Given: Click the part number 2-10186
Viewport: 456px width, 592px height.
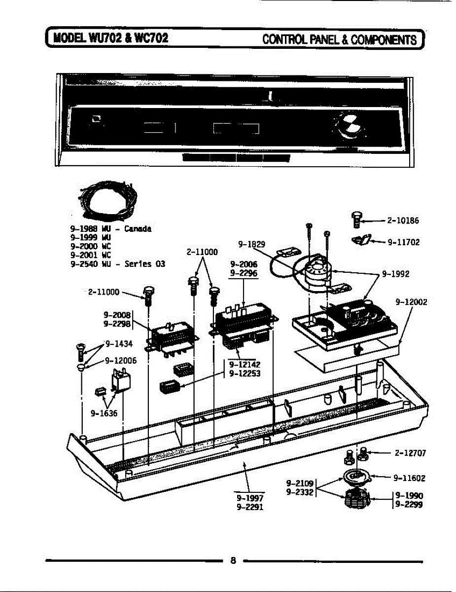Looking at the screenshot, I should pos(403,221).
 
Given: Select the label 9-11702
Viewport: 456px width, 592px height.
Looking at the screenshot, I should pos(403,242).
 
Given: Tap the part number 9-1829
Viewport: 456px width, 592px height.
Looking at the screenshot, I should pos(251,244).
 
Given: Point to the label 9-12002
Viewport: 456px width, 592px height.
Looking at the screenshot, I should pos(411,302).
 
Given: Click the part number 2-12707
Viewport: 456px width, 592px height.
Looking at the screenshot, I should pos(410,452).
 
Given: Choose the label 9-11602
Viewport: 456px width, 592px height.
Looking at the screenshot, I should pos(409,478).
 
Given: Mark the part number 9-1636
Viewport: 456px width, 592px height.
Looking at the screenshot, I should pos(104,413).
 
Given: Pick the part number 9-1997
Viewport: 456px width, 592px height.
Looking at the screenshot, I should pos(250,498).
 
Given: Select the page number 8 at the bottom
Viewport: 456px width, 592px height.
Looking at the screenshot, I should pos(233,560).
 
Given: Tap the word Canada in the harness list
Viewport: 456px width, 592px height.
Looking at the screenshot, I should pos(138,229).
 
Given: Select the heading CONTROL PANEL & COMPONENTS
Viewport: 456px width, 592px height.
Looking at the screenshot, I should pos(340,39).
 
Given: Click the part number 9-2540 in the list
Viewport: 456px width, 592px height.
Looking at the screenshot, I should pos(84,264).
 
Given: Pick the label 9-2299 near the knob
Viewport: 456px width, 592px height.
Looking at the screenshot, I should pos(409,505).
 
